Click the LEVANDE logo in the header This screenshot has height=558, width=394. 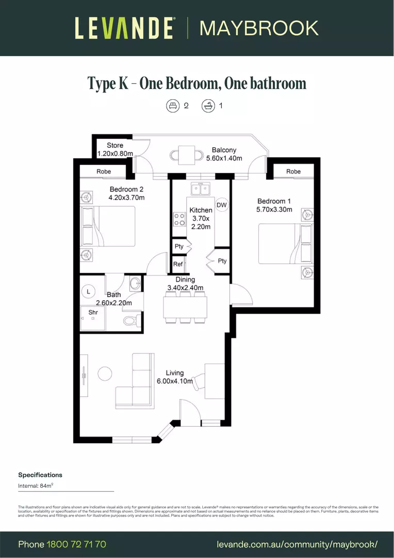[124, 28]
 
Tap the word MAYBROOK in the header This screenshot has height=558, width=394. [259, 28]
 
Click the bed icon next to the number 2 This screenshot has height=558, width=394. [172, 106]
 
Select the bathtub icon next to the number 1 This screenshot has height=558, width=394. [207, 106]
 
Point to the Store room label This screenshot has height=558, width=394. [115, 149]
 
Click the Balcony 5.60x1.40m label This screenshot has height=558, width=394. [223, 154]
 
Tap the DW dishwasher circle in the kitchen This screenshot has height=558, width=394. [222, 205]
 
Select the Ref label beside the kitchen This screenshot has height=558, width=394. [178, 264]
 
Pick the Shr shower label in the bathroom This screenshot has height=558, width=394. [93, 313]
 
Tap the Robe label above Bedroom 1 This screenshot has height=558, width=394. [293, 172]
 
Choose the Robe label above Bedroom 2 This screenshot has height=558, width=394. [104, 172]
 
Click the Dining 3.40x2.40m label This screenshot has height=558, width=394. [185, 284]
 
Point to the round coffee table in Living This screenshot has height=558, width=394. [105, 373]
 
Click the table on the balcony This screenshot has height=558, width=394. [184, 154]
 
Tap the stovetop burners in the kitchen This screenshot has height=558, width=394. [179, 220]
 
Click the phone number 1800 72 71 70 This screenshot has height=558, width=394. [76, 544]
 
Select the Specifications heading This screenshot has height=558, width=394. [40, 475]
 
